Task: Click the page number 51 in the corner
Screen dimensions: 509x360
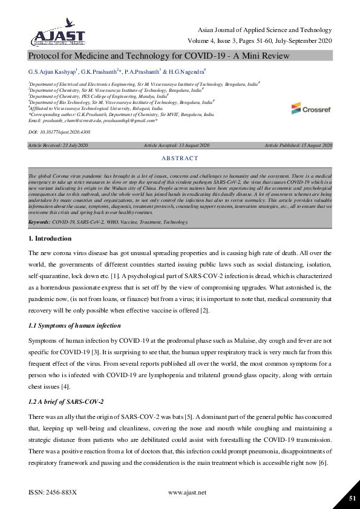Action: coord(352,498)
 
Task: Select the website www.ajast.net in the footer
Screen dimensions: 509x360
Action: coord(187,492)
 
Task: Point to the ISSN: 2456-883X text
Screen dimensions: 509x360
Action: coord(53,492)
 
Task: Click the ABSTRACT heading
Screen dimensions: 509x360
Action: coord(180,158)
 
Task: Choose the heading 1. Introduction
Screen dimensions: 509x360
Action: coord(50,238)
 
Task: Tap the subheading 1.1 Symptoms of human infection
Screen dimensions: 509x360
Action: coord(74,326)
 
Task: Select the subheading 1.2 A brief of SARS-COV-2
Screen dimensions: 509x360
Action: coord(67,402)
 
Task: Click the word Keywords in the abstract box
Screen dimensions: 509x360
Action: coord(39,222)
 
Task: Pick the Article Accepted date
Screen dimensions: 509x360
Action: coord(176,146)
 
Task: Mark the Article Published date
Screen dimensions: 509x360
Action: coord(298,146)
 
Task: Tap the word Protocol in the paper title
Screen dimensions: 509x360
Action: coord(46,56)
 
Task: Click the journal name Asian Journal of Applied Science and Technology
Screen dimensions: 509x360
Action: coord(264,30)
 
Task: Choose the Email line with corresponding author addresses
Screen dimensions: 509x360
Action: coord(93,120)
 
